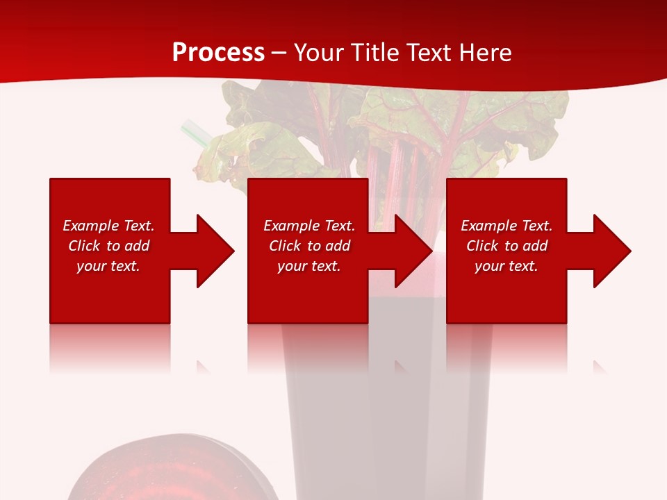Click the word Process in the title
tap(218, 52)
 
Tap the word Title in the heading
tap(375, 52)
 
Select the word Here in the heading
tap(484, 52)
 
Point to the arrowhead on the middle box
tap(413, 251)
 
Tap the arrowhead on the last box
tap(611, 251)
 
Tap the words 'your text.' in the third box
tap(507, 266)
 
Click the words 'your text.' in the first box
tap(108, 266)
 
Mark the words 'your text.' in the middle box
tap(309, 266)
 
